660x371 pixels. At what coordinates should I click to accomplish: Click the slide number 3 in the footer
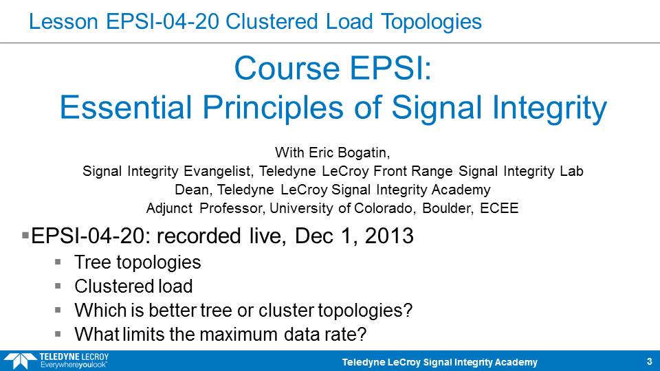649,361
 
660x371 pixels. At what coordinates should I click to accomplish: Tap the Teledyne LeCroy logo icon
20,361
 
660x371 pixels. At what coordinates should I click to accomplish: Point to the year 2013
389,236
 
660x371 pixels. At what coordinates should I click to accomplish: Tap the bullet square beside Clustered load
58,286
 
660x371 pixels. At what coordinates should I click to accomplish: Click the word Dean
192,190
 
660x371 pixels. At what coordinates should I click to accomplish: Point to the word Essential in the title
126,107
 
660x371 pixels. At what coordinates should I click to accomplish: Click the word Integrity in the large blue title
549,109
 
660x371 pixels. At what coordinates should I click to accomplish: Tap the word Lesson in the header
63,21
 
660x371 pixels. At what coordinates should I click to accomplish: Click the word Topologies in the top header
431,23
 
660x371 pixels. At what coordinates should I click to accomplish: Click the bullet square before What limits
58,334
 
